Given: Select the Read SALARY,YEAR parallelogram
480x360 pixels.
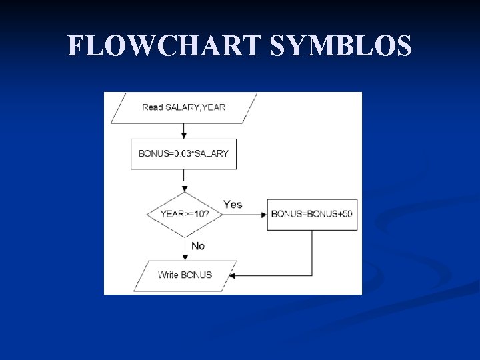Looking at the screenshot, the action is (184, 108).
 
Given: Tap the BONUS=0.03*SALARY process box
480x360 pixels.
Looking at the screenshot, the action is (183, 153).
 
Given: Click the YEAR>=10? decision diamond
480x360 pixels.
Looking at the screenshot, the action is (184, 215).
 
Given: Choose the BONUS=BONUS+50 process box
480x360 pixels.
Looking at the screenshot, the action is (312, 215).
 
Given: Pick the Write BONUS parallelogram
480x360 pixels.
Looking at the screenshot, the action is (185, 275).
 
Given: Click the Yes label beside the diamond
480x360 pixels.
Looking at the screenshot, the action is (233, 204).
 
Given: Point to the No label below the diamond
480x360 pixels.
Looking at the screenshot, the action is (198, 246).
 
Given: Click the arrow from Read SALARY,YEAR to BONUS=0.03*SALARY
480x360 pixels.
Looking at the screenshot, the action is (184, 131).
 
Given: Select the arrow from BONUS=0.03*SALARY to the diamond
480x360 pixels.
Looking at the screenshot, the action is (184, 181).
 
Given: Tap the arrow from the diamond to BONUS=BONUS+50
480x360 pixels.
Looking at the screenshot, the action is (245, 215).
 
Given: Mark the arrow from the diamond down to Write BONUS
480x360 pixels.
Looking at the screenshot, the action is (184, 248).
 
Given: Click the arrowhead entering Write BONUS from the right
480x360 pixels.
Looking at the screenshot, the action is (234, 275).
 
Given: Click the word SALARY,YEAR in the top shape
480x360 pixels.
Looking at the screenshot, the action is (195, 108).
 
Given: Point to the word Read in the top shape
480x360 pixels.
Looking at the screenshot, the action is (152, 108).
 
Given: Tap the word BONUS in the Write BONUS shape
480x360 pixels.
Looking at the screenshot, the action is (197, 275).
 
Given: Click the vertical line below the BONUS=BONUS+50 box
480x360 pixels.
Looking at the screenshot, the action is (312, 253).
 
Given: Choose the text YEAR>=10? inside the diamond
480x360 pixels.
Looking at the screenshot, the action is (184, 215).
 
